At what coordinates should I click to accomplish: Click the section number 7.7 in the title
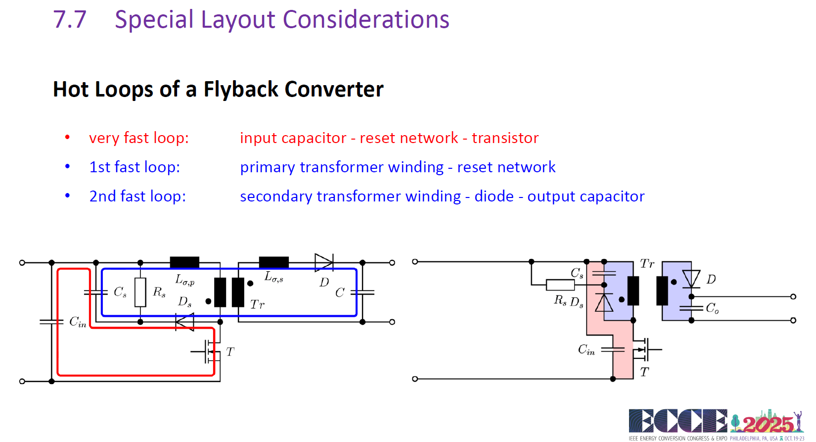point(70,19)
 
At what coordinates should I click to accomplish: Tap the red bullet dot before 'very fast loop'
point(67,138)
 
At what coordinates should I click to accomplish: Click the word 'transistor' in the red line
point(505,138)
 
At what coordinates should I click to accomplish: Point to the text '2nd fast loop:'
point(137,196)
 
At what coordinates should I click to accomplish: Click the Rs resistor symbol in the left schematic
point(140,293)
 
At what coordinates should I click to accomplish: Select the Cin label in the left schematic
point(78,322)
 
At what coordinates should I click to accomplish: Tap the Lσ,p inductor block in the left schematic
point(184,262)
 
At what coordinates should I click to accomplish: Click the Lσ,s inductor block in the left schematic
point(274,262)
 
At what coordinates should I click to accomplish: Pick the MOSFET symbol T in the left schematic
point(208,352)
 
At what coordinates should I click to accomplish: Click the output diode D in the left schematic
point(324,262)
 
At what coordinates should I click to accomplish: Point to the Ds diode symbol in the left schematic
point(184,322)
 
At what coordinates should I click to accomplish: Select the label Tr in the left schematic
point(257,304)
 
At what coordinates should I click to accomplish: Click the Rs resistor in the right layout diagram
point(560,285)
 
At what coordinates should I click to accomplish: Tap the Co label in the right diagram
point(712,308)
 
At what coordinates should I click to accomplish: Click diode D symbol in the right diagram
point(691,279)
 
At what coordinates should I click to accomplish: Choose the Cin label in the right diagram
point(587,350)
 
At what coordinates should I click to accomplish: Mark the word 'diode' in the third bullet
point(494,196)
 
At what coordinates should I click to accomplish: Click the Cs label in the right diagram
point(577,273)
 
